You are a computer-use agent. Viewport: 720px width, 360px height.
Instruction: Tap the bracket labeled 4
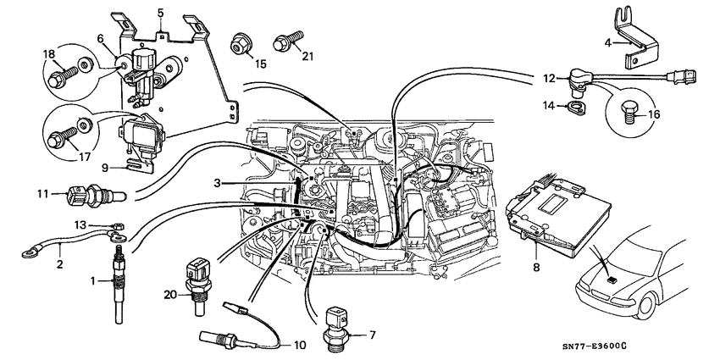631,44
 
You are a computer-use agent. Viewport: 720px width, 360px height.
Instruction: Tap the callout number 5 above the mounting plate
161,13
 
